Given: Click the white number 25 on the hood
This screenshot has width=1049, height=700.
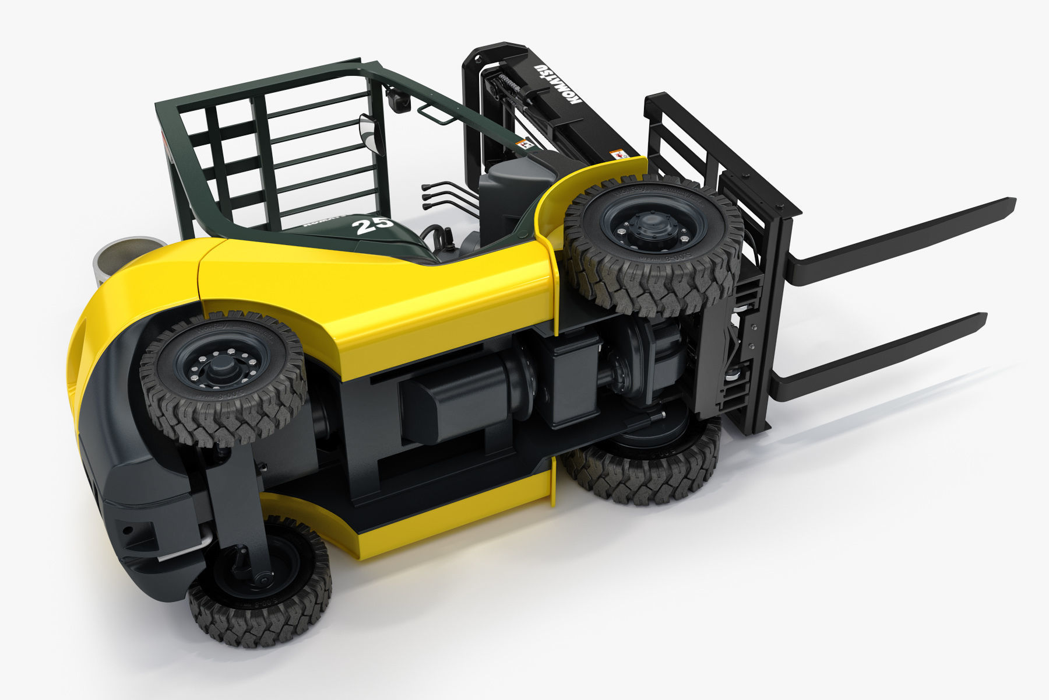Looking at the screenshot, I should pos(374,225).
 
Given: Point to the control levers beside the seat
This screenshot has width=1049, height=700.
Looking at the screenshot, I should pos(446,195).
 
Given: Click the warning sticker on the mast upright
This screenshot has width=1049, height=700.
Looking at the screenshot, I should pos(618,154).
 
